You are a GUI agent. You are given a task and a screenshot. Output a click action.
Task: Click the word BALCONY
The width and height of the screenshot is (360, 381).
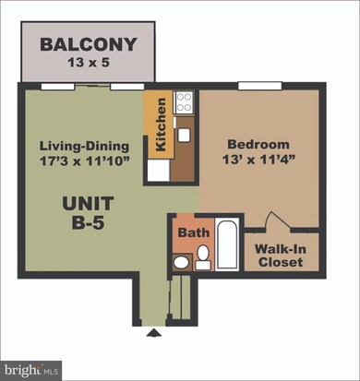tap(89, 44)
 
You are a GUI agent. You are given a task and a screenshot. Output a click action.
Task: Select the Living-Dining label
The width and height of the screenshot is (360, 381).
tap(84, 146)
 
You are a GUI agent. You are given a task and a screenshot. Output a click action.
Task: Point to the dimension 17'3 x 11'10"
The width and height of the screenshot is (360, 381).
tap(84, 161)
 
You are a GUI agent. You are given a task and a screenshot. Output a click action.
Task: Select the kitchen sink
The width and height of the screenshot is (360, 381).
tap(184, 135)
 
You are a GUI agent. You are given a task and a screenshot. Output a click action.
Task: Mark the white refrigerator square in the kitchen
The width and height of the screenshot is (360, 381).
tap(158, 170)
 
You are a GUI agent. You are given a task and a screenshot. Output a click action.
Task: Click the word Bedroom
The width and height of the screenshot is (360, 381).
tap(254, 145)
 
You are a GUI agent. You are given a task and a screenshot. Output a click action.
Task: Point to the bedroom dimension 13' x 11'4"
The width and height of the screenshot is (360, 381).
tap(254, 161)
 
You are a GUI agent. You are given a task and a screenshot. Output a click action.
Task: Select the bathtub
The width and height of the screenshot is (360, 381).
tap(226, 245)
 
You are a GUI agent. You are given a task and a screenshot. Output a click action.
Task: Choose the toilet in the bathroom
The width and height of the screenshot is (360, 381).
tap(182, 262)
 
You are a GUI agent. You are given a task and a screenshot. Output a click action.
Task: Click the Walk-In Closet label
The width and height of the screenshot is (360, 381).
tap(282, 255)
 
